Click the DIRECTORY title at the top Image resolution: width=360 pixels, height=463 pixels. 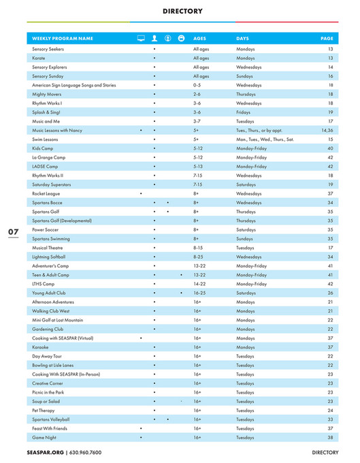(x=182, y=11)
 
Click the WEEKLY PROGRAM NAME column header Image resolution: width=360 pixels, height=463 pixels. (x=63, y=38)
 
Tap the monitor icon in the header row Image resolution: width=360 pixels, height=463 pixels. (x=141, y=38)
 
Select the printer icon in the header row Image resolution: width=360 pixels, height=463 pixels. (x=181, y=38)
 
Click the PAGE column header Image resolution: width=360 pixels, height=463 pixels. (x=327, y=38)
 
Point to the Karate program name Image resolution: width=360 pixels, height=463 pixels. (x=39, y=59)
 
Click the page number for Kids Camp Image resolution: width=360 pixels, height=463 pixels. (x=330, y=148)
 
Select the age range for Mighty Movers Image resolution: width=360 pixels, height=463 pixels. (x=197, y=95)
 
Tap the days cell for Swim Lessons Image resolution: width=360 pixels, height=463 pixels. (x=265, y=139)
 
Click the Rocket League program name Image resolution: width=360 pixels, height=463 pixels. (x=46, y=193)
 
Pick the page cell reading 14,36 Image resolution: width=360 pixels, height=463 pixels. (x=327, y=130)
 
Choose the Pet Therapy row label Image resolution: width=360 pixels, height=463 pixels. (x=44, y=411)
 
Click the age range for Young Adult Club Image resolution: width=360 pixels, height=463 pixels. (x=199, y=293)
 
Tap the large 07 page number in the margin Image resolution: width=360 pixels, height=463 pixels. (x=13, y=233)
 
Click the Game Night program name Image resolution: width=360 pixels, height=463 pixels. (x=45, y=437)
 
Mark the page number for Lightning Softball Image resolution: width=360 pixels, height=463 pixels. (x=330, y=257)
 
